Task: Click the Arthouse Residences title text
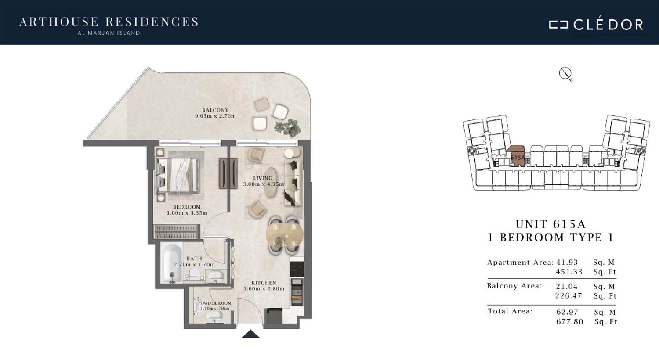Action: click(109, 22)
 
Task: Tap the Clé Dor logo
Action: click(596, 25)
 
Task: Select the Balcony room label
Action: click(215, 110)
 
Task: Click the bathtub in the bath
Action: click(171, 263)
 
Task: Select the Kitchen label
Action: click(264, 283)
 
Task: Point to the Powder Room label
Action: click(214, 303)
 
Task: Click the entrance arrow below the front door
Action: click(251, 334)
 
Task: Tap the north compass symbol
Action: click(565, 74)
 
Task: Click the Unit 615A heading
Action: click(550, 224)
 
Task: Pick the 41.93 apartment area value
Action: click(567, 262)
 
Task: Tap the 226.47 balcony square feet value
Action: click(568, 295)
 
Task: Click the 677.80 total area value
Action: click(569, 321)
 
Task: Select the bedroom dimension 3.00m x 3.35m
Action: click(187, 213)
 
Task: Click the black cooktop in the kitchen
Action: click(296, 269)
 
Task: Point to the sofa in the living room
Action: click(293, 184)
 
